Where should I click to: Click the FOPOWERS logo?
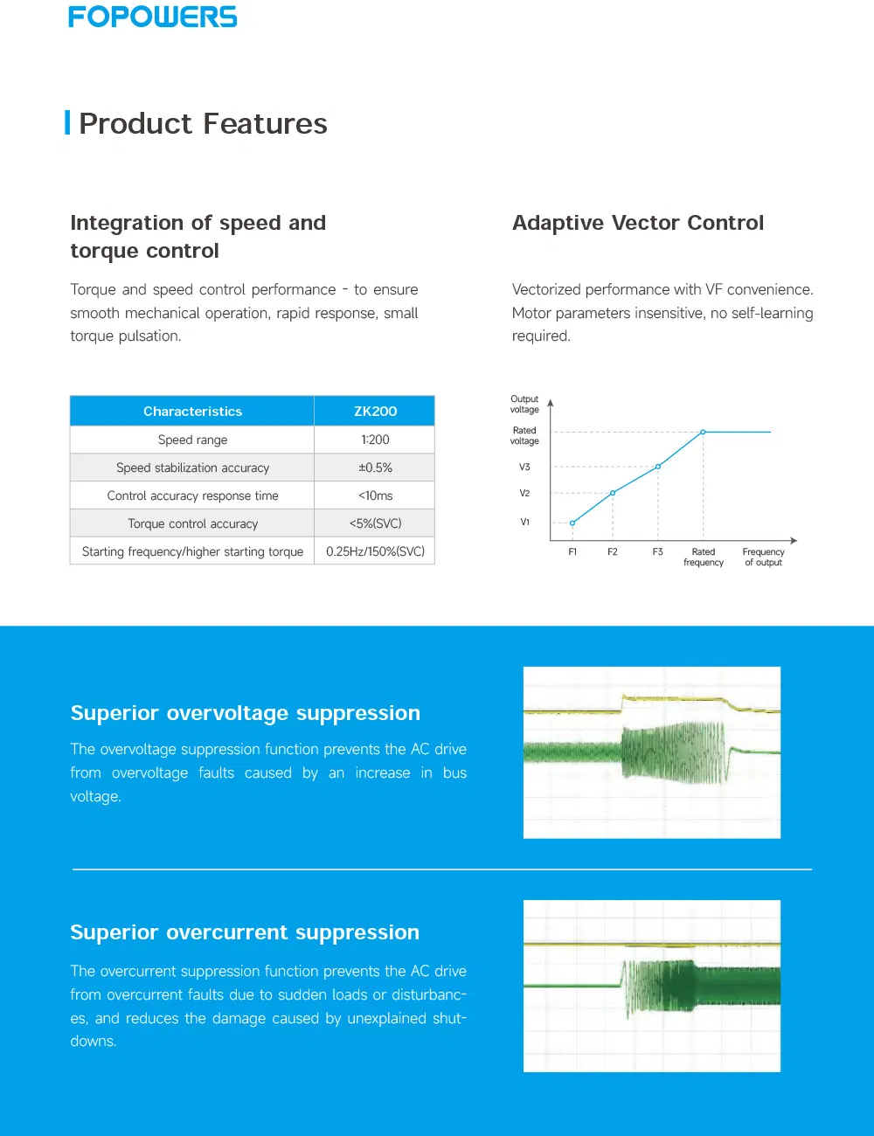[x=153, y=17]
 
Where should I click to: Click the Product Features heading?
[x=203, y=124]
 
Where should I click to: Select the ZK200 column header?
[x=375, y=411]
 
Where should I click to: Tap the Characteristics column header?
[x=192, y=411]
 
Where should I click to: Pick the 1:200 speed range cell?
[x=375, y=440]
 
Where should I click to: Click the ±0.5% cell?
[x=375, y=468]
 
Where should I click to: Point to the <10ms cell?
[x=375, y=495]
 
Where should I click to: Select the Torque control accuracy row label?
[x=192, y=523]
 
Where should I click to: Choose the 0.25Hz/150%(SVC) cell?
[x=375, y=551]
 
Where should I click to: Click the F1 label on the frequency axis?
[x=572, y=552]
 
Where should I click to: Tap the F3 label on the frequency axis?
[x=657, y=552]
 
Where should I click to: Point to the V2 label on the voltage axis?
[x=524, y=494]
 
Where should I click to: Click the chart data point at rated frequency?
[x=703, y=432]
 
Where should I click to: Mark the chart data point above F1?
[x=572, y=523]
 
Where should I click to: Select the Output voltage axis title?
[x=524, y=404]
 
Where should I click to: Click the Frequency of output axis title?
[x=763, y=557]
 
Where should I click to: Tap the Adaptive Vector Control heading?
[x=637, y=223]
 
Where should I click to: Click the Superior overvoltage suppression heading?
[x=245, y=713]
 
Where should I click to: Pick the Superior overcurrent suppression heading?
[x=245, y=932]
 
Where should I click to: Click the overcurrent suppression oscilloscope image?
[x=651, y=986]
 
